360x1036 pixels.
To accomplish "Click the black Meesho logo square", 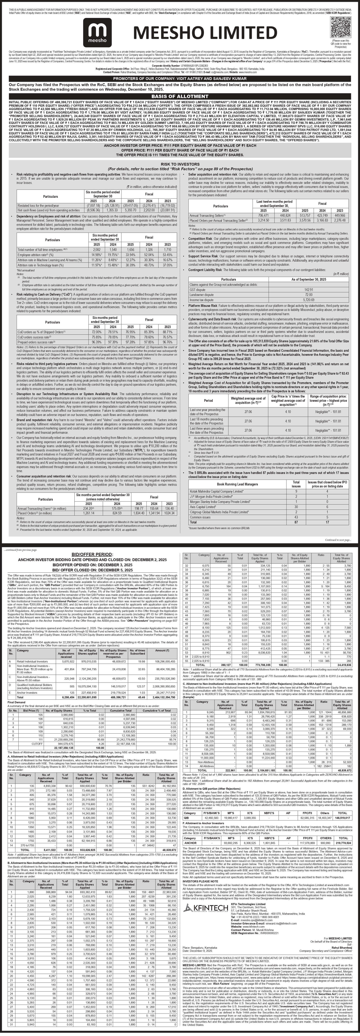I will pos(97,32).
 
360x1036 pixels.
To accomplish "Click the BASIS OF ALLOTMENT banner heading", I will pos(180,97).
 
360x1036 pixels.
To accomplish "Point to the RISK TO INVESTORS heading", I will pos(180,165).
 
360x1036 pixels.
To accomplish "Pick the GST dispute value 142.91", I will pos(308,290).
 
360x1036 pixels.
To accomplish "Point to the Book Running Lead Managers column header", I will pos(237,484).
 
